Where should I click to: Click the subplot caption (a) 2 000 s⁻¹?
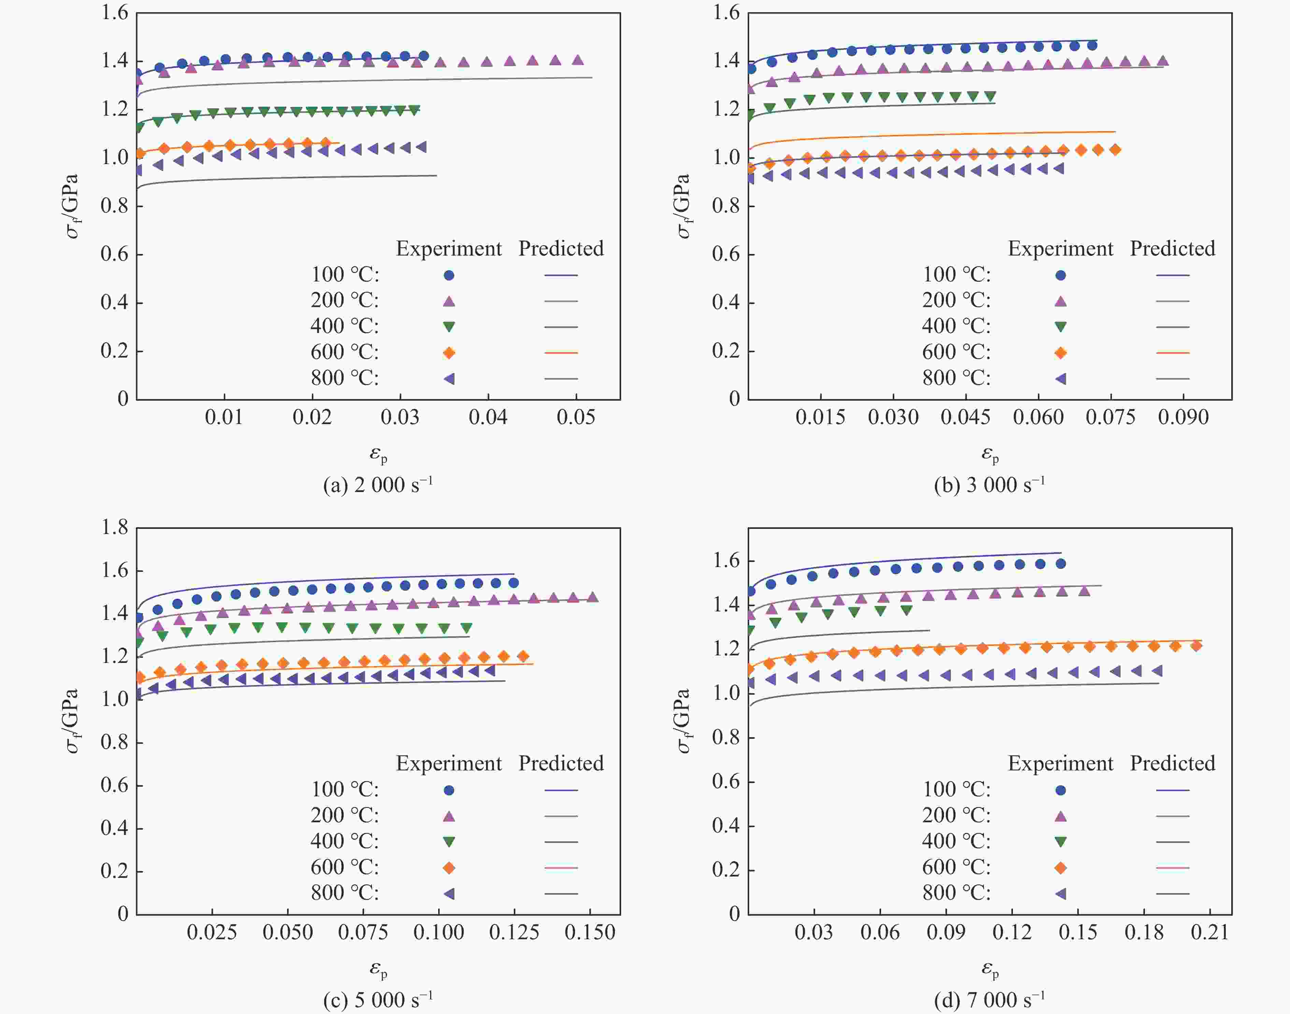pos(378,485)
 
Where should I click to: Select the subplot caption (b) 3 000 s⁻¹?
pos(989,485)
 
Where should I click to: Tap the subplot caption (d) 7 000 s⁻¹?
pos(989,1000)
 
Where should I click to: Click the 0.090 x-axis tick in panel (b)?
pos(1183,417)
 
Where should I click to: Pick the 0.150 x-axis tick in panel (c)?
pos(590,932)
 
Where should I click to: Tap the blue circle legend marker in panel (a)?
pos(449,275)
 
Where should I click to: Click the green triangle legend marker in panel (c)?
pos(449,842)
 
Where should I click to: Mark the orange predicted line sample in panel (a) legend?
pos(561,353)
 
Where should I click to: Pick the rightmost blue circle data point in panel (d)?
pos(1061,563)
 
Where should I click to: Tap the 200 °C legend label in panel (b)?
pos(956,300)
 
